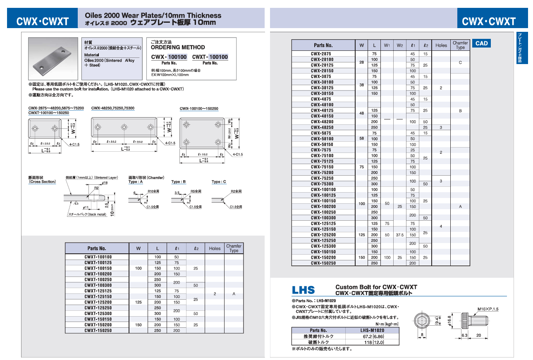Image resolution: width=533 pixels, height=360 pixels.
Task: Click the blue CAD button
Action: [x=482, y=43]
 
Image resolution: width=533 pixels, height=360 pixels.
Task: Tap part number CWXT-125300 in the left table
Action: [x=98, y=314]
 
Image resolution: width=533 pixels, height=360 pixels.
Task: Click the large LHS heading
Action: [x=303, y=290]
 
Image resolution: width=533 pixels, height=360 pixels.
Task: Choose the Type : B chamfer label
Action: [x=179, y=182]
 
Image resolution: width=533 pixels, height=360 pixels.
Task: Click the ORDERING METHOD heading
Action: [x=178, y=47]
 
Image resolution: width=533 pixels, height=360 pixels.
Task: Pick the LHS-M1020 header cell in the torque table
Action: [x=372, y=330]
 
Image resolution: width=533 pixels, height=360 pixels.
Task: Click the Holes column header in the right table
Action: [x=441, y=45]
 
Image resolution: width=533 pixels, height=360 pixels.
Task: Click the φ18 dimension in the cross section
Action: [x=105, y=183]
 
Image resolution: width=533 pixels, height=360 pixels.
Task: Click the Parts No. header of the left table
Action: [x=97, y=248]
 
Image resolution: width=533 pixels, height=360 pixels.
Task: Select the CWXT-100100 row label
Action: [x=98, y=257]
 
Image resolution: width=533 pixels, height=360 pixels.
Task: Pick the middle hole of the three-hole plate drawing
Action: [x=124, y=127]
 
